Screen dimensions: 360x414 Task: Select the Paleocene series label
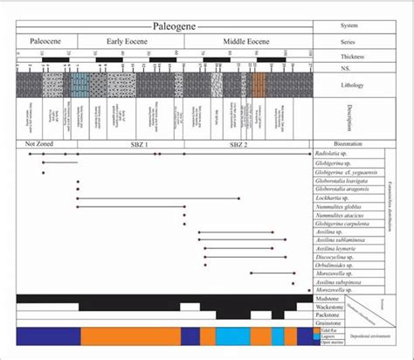pos(46,41)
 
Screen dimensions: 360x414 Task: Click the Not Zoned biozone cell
pos(40,143)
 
